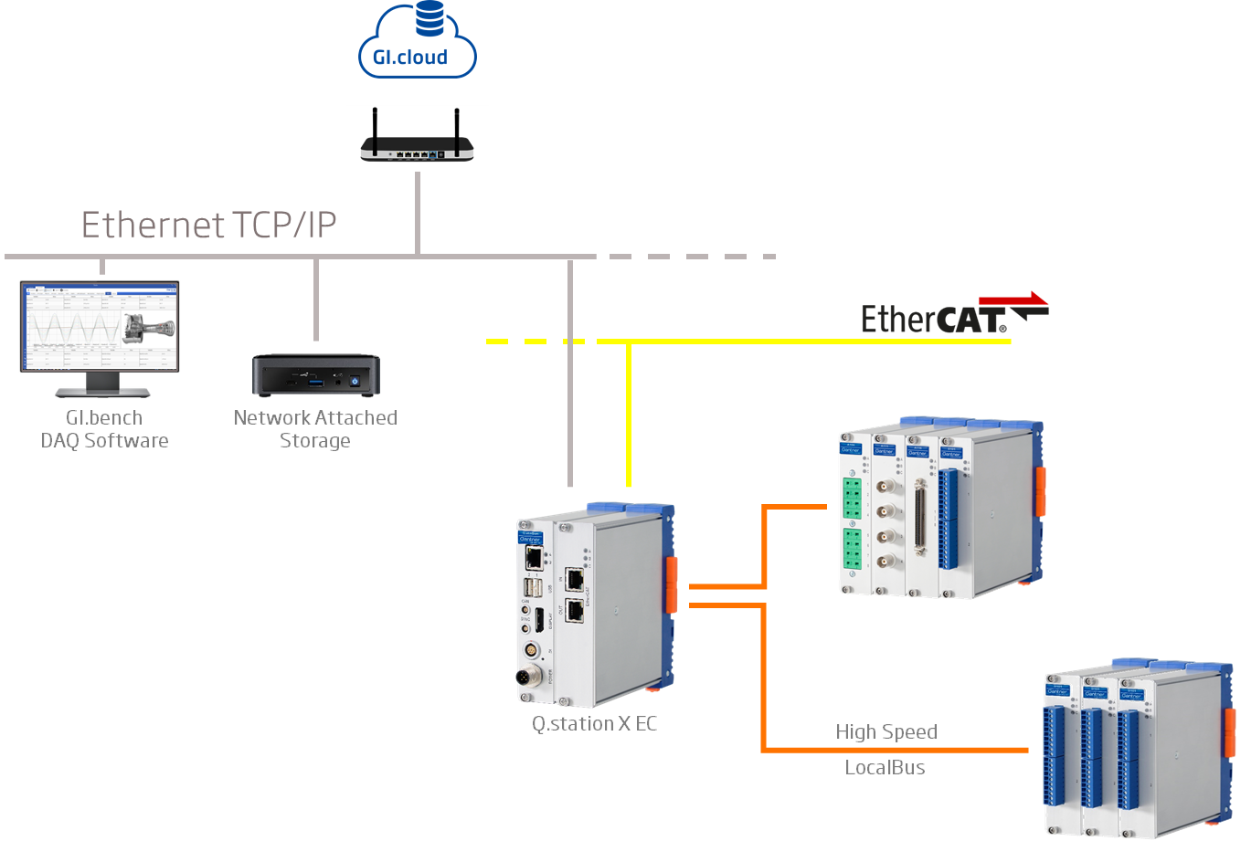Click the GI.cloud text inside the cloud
[410, 58]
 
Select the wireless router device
[418, 149]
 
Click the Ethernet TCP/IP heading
[209, 225]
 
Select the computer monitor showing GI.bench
[100, 329]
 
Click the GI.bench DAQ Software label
[104, 429]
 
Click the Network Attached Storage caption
[315, 429]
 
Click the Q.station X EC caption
[595, 724]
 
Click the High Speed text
[886, 732]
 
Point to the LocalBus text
[885, 768]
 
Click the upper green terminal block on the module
[852, 497]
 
